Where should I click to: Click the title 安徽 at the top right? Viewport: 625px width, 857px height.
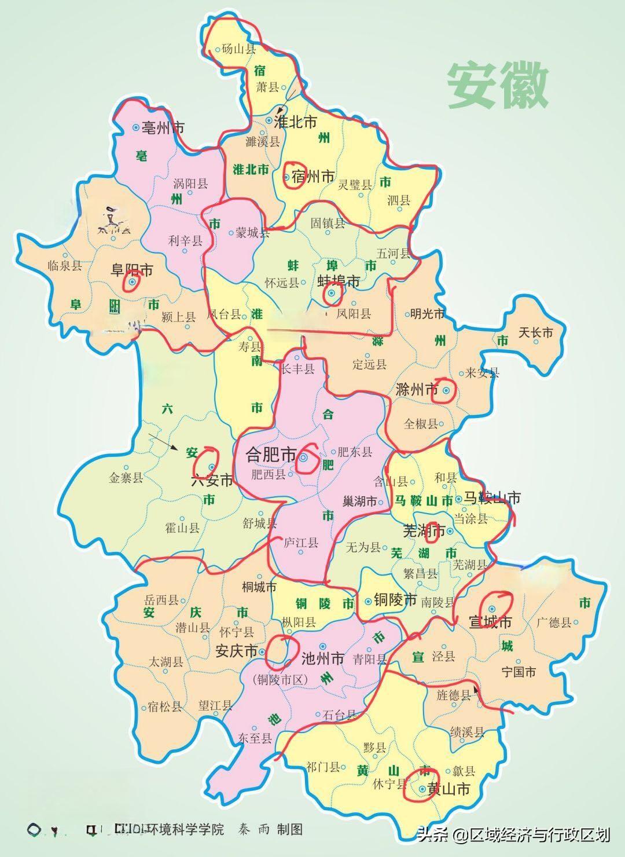click(498, 85)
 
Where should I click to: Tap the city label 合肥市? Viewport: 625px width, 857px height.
click(271, 455)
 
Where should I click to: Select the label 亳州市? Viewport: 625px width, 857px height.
click(163, 127)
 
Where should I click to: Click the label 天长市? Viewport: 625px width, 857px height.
click(535, 332)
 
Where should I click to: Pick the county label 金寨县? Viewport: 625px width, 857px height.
click(126, 478)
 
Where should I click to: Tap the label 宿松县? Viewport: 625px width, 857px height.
click(165, 706)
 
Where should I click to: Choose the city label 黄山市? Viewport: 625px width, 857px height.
click(448, 789)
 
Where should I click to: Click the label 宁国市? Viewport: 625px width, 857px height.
click(519, 672)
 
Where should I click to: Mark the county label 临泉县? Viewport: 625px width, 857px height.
click(65, 265)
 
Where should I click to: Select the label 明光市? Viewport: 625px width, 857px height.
click(427, 314)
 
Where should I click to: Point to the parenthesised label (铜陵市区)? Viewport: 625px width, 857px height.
click(281, 680)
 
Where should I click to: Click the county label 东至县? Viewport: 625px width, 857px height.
click(255, 738)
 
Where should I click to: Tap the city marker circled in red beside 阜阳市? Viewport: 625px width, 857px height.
click(133, 282)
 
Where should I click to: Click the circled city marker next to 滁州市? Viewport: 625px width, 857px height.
click(446, 391)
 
